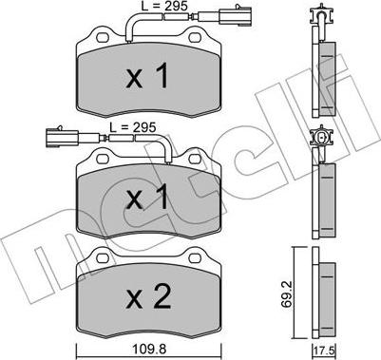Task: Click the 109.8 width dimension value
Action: [149, 350]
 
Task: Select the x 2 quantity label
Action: [149, 296]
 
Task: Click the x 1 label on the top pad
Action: [147, 75]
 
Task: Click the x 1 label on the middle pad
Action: [147, 197]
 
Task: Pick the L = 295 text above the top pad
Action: [164, 6]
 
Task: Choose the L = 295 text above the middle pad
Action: [133, 127]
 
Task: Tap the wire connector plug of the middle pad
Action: [62, 138]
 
